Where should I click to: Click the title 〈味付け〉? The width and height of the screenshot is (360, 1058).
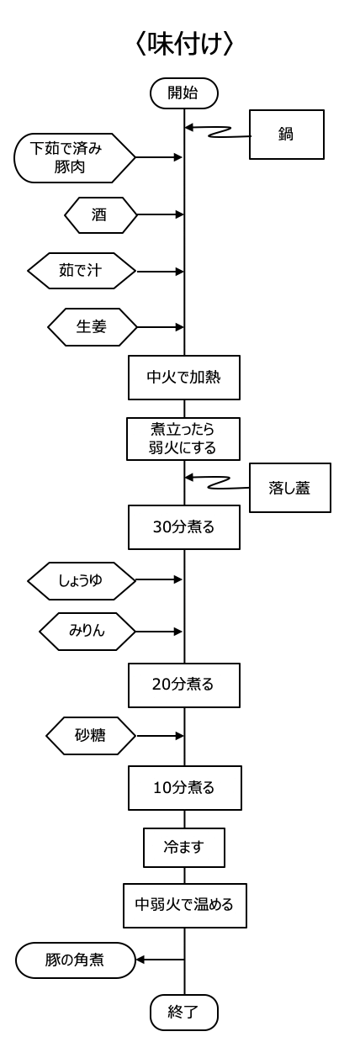tap(184, 45)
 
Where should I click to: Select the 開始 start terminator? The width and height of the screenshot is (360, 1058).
tap(184, 93)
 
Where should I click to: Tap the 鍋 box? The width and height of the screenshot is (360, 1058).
tap(287, 135)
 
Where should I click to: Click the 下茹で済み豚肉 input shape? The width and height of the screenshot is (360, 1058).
tap(75, 158)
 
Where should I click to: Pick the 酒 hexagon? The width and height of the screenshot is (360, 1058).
tap(101, 215)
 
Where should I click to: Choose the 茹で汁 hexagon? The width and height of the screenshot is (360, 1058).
tap(82, 271)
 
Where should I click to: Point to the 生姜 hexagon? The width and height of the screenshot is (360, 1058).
tap(93, 327)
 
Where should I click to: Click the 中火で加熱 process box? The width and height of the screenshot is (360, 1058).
tap(184, 378)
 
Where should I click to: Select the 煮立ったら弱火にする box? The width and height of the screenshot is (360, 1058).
tap(183, 439)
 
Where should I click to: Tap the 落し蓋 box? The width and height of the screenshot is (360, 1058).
tap(290, 488)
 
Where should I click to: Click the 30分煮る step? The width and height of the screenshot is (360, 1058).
tap(184, 527)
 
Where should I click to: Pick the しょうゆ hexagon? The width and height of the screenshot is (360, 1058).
tap(82, 581)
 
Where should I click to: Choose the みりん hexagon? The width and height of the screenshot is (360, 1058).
tap(87, 632)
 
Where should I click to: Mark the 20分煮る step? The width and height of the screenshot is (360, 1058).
tap(184, 685)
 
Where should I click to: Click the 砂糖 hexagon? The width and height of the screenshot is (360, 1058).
tap(91, 735)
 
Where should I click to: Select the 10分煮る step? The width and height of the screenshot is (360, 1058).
tap(185, 788)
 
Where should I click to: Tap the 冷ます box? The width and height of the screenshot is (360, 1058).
tap(184, 848)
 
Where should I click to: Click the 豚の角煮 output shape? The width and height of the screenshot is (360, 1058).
tap(76, 960)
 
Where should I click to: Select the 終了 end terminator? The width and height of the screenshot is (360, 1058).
tap(184, 1013)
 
